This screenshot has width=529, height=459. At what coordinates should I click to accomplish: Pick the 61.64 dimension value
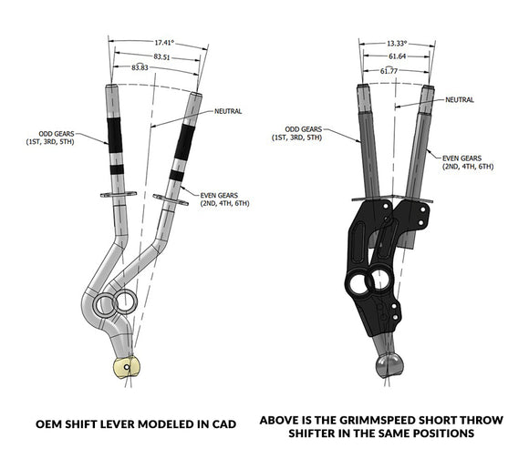pyautogui.click(x=393, y=56)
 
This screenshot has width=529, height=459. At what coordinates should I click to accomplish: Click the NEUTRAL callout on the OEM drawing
pyautogui.click(x=228, y=111)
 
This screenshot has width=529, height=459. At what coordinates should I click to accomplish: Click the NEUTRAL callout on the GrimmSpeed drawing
pyautogui.click(x=461, y=99)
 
